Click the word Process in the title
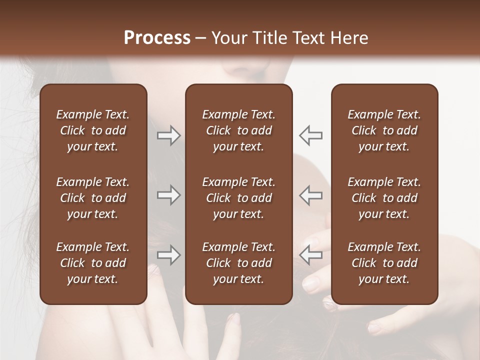[x=157, y=38]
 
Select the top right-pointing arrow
[x=168, y=135]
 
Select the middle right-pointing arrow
[x=168, y=195]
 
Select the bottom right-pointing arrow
[x=168, y=255]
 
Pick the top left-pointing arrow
[x=311, y=135]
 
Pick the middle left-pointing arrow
[x=311, y=195]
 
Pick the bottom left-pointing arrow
[x=311, y=255]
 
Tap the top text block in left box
[x=92, y=130]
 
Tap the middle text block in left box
[x=92, y=198]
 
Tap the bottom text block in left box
[x=92, y=263]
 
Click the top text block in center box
[x=238, y=130]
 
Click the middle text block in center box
[x=238, y=198]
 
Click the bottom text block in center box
[x=238, y=263]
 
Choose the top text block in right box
[x=384, y=130]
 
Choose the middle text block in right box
[x=384, y=198]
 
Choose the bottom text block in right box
[x=384, y=263]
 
